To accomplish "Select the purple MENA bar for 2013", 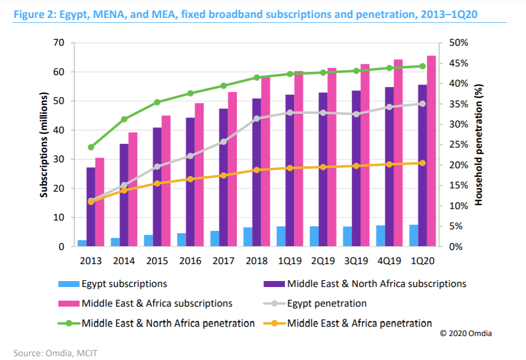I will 91,207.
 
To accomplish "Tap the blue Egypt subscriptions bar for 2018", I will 248,237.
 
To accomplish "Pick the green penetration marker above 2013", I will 91,147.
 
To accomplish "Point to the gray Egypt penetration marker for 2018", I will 256,119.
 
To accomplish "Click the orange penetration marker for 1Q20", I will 422,163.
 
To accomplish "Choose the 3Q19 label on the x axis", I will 356,260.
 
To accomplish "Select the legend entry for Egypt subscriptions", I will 124,284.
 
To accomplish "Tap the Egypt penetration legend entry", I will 327,303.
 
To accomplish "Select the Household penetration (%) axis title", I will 479,144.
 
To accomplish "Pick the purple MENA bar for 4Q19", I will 389,167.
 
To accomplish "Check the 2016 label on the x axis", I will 190,260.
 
